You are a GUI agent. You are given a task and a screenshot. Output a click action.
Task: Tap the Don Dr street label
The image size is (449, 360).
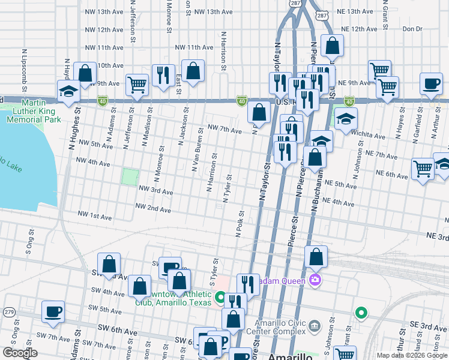pos(412,29)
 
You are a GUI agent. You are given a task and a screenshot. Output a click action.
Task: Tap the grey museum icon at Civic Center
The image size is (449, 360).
pos(316,327)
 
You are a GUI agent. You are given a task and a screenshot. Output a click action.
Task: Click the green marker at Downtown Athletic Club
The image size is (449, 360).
pos(220,297)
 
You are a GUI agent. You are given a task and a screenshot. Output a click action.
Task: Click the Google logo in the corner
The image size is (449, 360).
pos(20,353)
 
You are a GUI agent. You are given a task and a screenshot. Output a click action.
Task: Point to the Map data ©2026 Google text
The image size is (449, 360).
pos(411,355)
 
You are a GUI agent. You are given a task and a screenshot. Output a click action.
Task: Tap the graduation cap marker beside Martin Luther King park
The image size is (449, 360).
pos(68,92)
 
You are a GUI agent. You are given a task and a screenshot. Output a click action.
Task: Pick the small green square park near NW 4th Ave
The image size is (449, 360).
pos(130,177)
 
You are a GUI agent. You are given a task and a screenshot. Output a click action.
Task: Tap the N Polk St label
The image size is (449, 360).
pos(240,223)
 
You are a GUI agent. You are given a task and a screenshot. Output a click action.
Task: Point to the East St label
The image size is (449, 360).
pos(179,84)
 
